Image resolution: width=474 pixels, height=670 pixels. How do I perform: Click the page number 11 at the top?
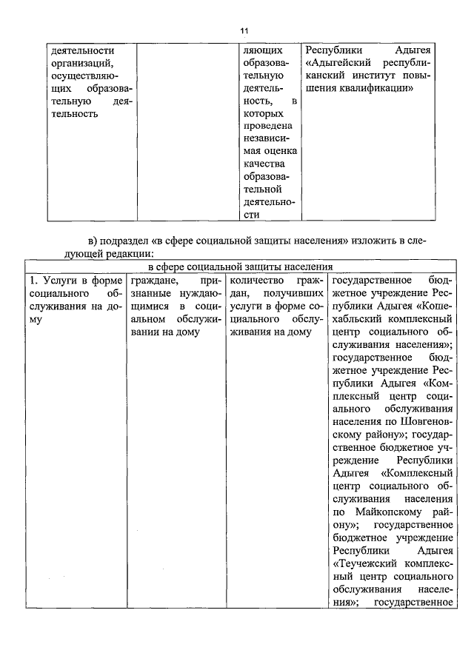(244, 30)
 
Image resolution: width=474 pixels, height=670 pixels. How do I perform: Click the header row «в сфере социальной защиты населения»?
(240, 267)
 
